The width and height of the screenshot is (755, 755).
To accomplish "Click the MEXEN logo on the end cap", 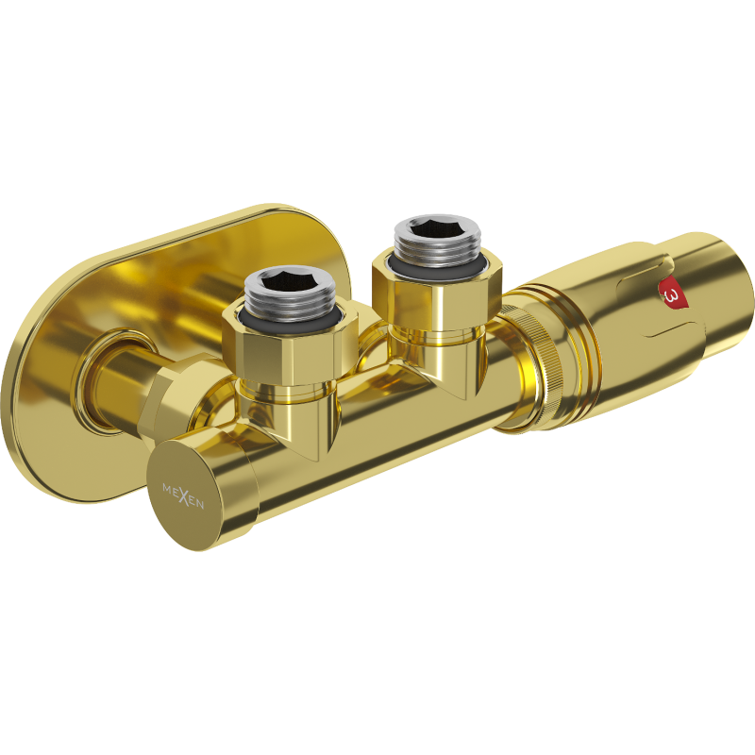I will [x=183, y=494].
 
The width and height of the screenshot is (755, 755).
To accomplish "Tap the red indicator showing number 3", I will [x=673, y=294].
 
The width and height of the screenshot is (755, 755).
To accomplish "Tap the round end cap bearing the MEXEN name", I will [x=193, y=491].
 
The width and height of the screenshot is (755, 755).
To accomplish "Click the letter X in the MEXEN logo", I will [x=183, y=494].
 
